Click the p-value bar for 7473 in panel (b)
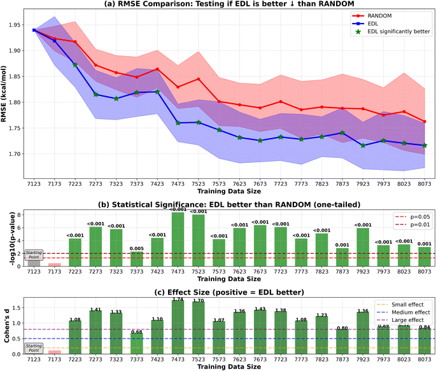[x=179, y=239]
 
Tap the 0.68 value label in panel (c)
[x=136, y=332]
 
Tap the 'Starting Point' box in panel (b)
[x=34, y=255]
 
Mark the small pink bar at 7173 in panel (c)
[x=55, y=352]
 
